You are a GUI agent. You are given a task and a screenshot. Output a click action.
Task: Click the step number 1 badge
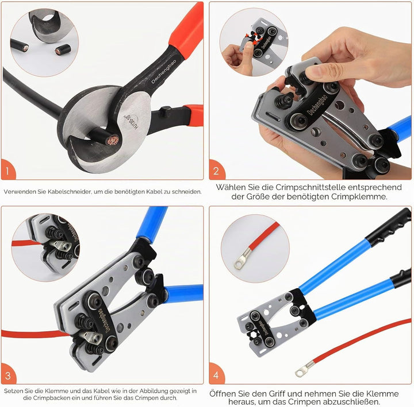click(7, 170)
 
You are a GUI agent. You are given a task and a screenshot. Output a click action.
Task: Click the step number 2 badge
click(216, 170)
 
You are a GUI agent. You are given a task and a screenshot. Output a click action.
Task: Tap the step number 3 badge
click(8, 375)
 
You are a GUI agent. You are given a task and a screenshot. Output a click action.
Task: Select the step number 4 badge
click(216, 374)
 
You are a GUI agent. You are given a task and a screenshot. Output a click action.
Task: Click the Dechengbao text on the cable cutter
click(163, 71)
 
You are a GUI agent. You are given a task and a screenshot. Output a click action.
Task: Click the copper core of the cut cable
click(114, 141)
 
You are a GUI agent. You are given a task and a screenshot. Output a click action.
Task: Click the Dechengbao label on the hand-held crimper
click(317, 104)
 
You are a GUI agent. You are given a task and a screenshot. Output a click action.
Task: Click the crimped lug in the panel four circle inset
click(242, 259)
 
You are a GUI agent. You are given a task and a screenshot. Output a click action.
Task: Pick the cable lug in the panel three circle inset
click(60, 246)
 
